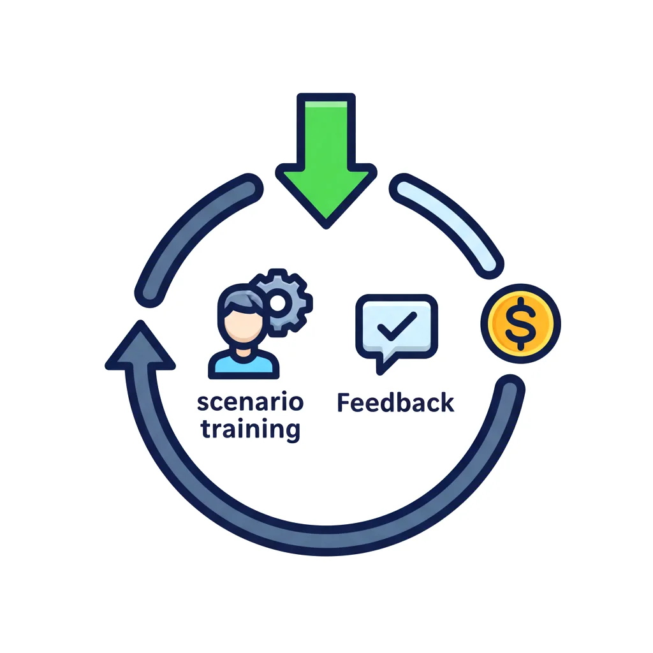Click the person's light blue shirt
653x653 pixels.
pyautogui.click(x=244, y=363)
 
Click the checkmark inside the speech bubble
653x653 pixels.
pyautogui.click(x=396, y=327)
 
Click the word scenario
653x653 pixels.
pyautogui.click(x=250, y=403)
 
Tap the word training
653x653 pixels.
pyautogui.click(x=250, y=429)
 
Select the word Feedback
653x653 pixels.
pyautogui.click(x=395, y=403)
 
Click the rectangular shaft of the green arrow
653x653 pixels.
pyautogui.click(x=325, y=131)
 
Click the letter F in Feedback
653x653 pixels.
pyautogui.click(x=344, y=403)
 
